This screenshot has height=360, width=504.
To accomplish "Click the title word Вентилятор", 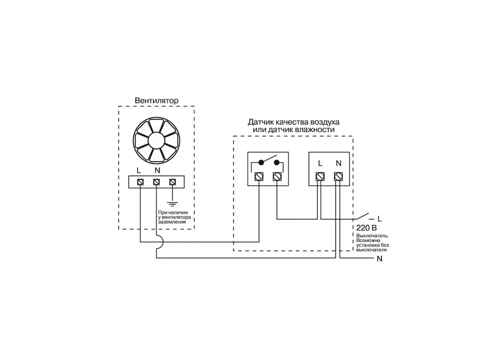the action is (x=157, y=100).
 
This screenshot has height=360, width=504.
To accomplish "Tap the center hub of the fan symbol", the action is (x=157, y=140).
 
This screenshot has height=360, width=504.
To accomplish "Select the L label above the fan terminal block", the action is (x=138, y=170).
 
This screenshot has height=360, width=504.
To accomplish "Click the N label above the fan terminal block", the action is (x=157, y=170).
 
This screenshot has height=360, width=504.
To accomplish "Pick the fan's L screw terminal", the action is (x=140, y=182).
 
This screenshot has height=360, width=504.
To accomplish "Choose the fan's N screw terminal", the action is (x=156, y=182).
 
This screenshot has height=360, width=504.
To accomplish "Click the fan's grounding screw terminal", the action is (x=172, y=182).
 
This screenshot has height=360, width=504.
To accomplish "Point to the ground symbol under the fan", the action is (x=172, y=204).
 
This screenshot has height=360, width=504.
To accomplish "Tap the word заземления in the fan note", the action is (x=172, y=222).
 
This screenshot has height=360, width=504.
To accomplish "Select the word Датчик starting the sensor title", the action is (x=260, y=122).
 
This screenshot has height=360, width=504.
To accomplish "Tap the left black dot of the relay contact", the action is (x=261, y=162).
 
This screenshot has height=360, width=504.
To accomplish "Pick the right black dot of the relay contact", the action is (x=277, y=162).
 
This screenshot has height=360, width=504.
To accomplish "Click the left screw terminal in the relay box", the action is (x=259, y=177).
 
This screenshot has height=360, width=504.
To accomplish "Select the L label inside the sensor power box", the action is (x=320, y=164).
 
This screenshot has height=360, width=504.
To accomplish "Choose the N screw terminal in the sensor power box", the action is (x=338, y=177).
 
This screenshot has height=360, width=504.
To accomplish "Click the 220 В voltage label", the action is (x=366, y=228).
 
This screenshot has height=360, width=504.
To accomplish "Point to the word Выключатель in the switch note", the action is (x=372, y=236).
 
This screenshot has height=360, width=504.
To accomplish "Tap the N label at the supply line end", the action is (x=380, y=259).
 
